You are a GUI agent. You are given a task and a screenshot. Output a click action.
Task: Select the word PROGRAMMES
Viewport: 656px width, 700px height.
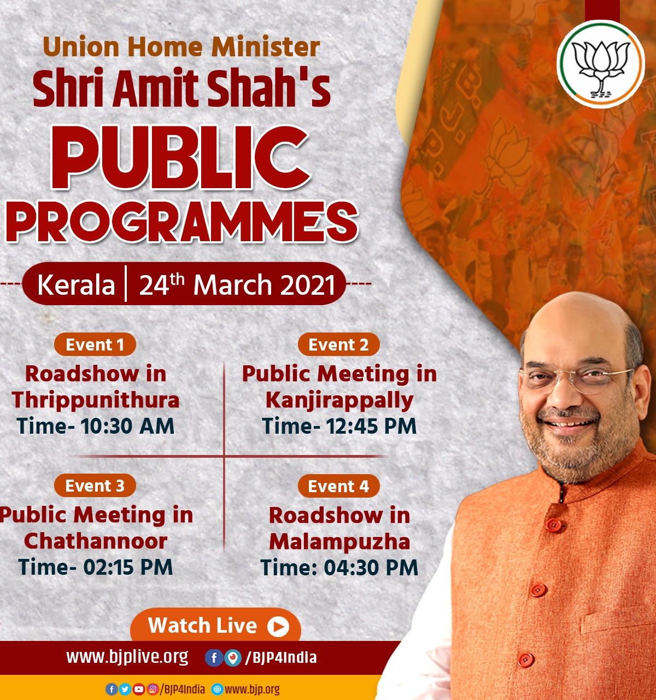[181, 222]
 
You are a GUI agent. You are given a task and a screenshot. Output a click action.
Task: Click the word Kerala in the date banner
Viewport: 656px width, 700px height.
[76, 285]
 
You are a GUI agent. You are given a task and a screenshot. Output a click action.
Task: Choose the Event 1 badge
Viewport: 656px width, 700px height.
[95, 345]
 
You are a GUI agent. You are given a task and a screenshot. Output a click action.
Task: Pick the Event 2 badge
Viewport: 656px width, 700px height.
[338, 345]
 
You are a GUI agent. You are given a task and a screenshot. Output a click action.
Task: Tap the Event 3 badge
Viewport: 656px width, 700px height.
[95, 486]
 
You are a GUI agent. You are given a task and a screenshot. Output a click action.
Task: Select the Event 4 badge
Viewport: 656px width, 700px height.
[338, 486]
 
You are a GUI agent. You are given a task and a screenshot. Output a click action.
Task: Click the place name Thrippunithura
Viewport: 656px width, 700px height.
[96, 401]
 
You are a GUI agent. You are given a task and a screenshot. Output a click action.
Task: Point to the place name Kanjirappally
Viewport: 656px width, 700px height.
[339, 401]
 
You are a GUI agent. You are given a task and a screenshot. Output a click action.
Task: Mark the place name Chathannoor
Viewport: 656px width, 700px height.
[96, 541]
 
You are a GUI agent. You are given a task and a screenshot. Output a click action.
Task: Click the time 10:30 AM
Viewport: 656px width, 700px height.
[127, 426]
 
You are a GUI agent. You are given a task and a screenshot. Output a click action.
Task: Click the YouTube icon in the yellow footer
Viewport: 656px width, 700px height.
[139, 689]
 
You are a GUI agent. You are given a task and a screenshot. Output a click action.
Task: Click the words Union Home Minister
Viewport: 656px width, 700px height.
[181, 47]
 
